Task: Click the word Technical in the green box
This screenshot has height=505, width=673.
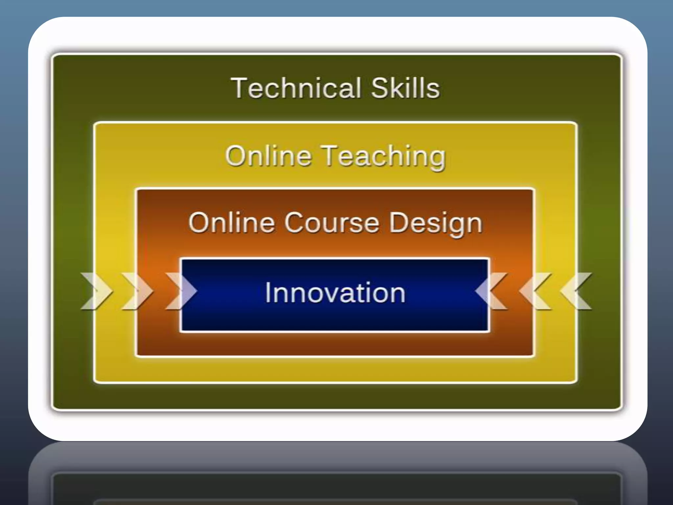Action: [296, 88]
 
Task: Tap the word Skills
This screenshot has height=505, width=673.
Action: [405, 88]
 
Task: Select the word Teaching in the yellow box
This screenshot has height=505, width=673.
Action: [383, 156]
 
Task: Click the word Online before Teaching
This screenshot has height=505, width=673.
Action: [268, 156]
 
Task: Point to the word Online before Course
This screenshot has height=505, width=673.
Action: [231, 223]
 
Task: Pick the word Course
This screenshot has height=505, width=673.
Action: [332, 223]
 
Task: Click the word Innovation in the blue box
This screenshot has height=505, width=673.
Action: [335, 292]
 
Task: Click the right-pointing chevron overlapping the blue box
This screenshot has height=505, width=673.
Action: [181, 291]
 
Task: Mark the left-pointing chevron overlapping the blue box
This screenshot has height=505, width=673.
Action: [491, 291]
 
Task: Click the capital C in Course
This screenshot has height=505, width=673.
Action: [294, 223]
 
